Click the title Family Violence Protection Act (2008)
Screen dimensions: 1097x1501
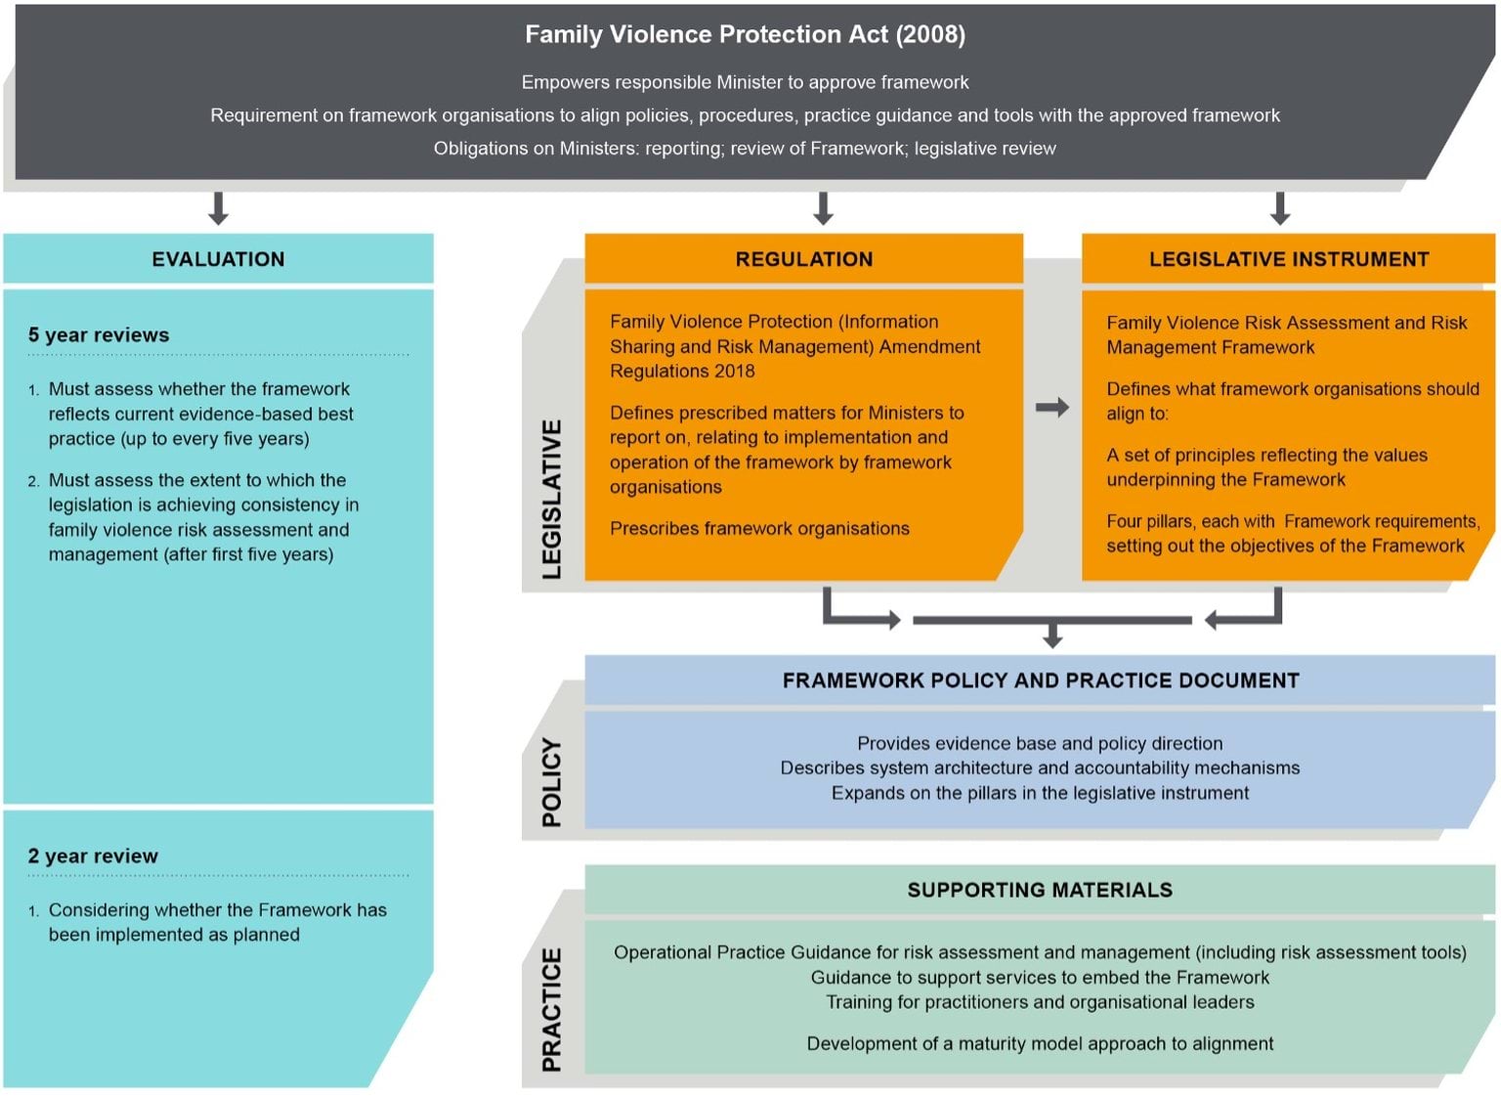click(745, 35)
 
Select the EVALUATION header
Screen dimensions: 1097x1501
click(218, 259)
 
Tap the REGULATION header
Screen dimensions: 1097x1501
click(803, 259)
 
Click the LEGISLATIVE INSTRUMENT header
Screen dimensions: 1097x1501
click(1288, 259)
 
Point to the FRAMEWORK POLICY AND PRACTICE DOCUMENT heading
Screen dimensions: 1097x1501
click(1040, 680)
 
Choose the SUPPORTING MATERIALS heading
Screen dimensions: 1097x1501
click(1040, 890)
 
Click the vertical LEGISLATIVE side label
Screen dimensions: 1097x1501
click(552, 499)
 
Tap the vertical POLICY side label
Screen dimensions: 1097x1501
click(552, 782)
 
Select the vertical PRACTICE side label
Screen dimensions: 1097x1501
click(552, 1009)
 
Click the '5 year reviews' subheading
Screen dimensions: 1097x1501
click(99, 335)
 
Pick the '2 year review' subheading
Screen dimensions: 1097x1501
click(93, 856)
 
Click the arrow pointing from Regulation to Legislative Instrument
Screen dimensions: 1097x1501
click(1051, 407)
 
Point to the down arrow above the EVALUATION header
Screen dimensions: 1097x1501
click(219, 208)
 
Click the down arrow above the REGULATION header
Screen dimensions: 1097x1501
click(823, 208)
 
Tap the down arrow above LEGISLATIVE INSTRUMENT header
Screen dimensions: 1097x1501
click(1280, 208)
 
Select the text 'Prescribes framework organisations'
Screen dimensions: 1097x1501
click(759, 529)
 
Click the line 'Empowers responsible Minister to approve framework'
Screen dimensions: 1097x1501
click(745, 82)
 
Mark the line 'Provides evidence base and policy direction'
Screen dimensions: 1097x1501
click(1040, 743)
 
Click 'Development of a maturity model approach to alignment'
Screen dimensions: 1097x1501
click(1040, 1043)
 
